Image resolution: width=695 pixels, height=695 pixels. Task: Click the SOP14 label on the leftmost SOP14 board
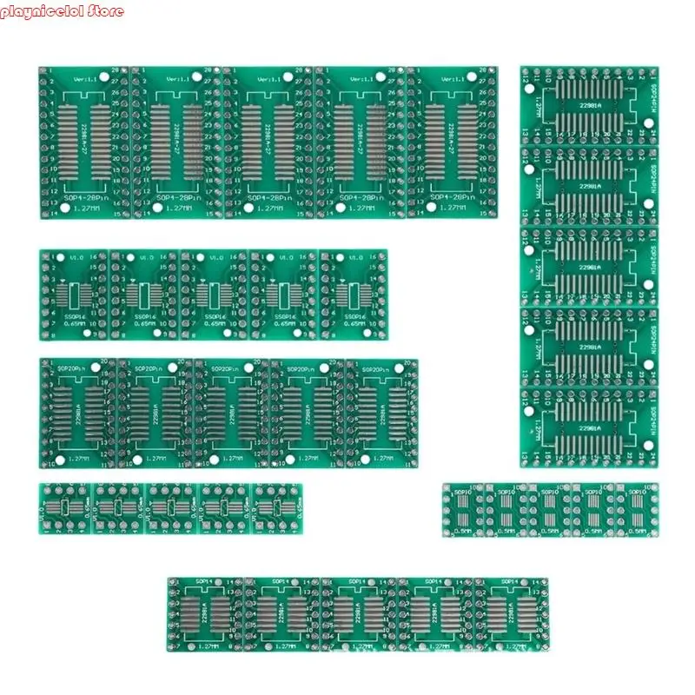pos(207,580)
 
